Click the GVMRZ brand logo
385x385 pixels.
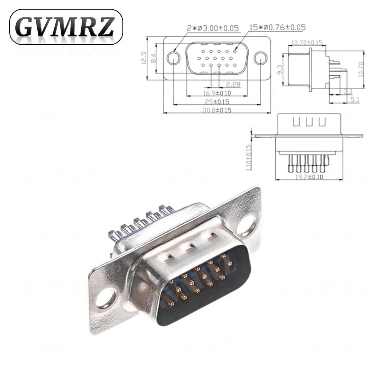tap(66, 27)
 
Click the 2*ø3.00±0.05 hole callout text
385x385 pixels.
tap(213, 28)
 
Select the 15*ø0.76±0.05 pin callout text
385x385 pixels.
tap(278, 28)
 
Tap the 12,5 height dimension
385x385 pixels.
tap(144, 58)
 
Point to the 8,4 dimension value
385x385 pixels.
tap(153, 58)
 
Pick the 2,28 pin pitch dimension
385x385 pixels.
tap(233, 84)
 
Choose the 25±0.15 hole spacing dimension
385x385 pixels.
tap(217, 102)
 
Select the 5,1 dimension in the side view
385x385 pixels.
tap(355, 100)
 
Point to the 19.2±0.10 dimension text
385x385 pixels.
tap(309, 177)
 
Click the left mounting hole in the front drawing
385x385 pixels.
tap(173, 58)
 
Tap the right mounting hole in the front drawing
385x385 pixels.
tap(261, 58)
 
